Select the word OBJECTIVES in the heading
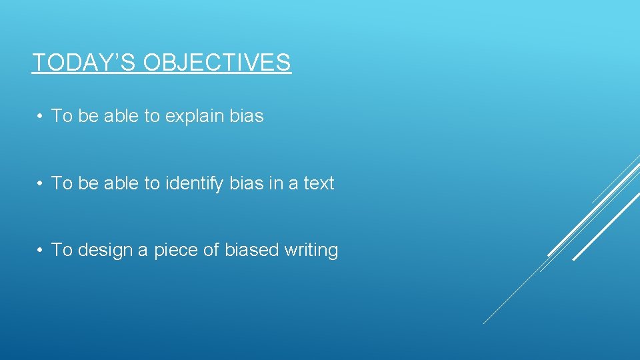tap(217, 62)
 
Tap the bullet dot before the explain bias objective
tap(41, 116)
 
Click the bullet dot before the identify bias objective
tap(41, 183)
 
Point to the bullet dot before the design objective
tap(41, 250)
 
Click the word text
tap(319, 183)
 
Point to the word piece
tap(176, 251)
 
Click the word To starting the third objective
tap(61, 250)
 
